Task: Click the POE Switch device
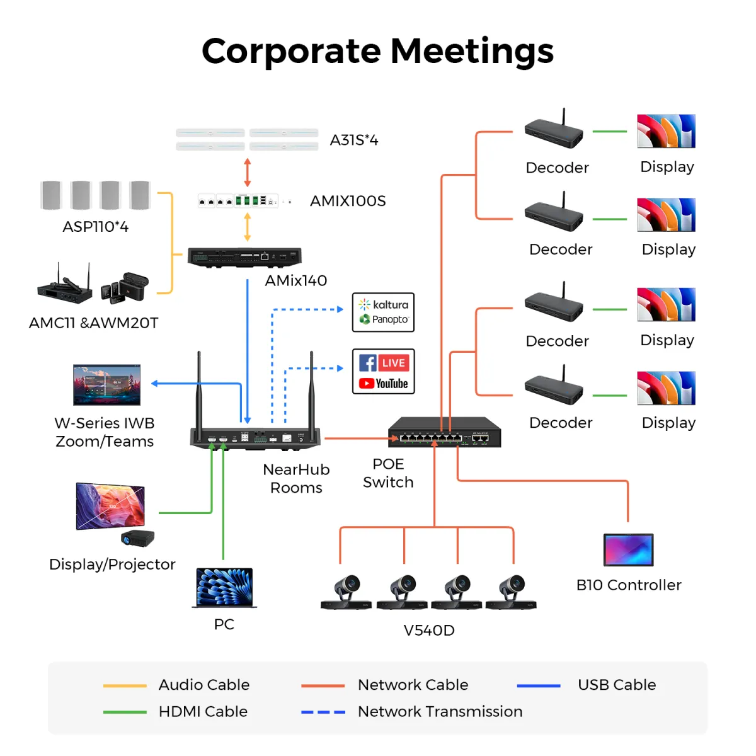click(x=444, y=432)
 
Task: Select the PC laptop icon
click(x=224, y=587)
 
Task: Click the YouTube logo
click(x=384, y=384)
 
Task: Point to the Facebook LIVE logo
click(x=384, y=363)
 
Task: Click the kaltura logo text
click(x=390, y=304)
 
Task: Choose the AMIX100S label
click(x=348, y=201)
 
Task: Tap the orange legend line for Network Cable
click(x=323, y=685)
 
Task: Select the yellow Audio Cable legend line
click(x=125, y=685)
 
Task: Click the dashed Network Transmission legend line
click(x=323, y=712)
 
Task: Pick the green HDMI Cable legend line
click(x=125, y=712)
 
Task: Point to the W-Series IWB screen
click(x=106, y=384)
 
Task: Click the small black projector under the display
click(x=137, y=538)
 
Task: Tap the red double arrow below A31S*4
click(x=248, y=172)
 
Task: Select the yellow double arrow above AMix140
click(x=248, y=227)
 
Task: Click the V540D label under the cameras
click(x=429, y=630)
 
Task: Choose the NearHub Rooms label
click(x=296, y=479)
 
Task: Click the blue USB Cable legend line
click(x=538, y=685)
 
